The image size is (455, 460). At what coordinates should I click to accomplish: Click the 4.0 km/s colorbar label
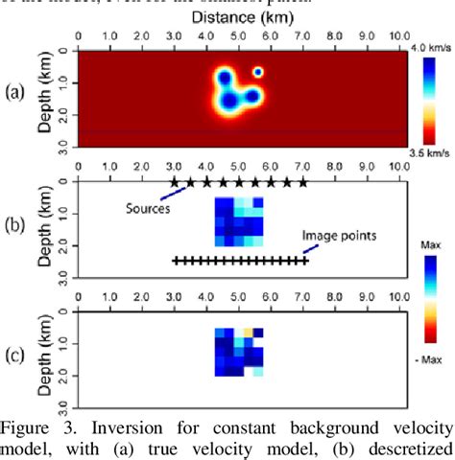[431, 47]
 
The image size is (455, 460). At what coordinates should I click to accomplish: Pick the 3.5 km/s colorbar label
[431, 151]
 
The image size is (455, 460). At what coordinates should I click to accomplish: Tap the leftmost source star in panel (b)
[174, 181]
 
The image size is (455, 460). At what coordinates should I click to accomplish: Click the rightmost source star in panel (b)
[303, 181]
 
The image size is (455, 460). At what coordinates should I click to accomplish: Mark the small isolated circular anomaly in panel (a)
[258, 71]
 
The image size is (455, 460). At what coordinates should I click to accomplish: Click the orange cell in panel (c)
[248, 333]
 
